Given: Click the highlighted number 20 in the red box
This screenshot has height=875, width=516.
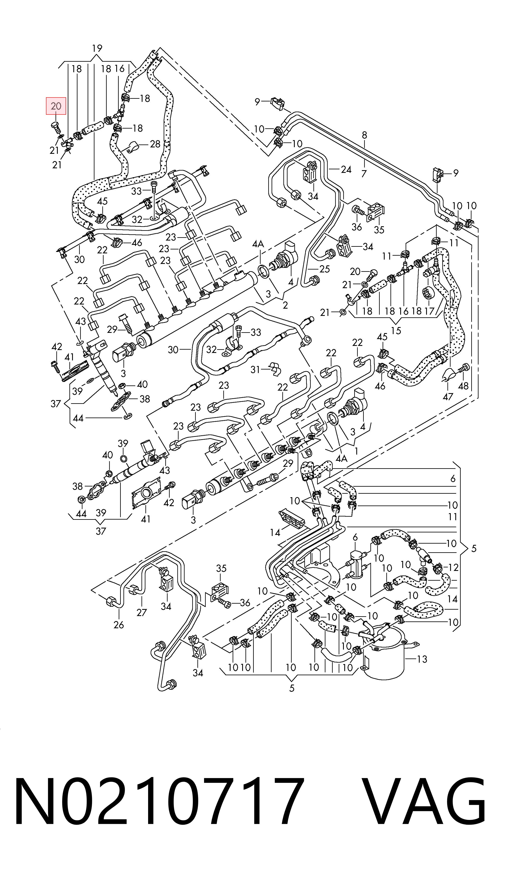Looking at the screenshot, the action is [x=56, y=106].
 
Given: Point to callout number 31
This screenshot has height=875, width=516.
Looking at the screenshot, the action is [x=256, y=369].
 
